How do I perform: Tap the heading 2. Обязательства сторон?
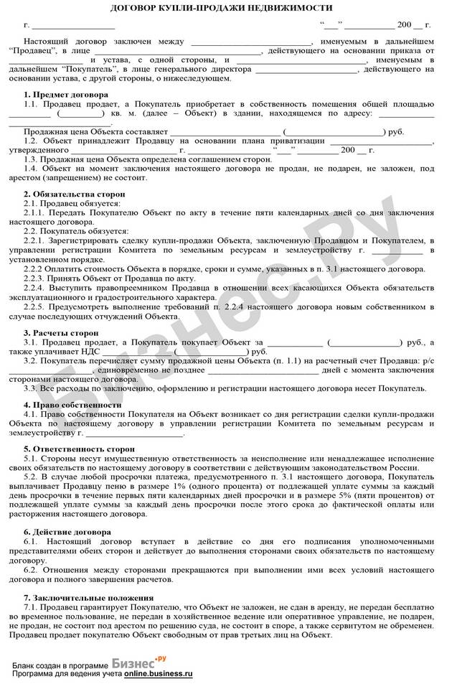(x=74, y=194)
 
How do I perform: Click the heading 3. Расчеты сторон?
(x=61, y=333)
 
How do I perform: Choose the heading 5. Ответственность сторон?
(x=79, y=449)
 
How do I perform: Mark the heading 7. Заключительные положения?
(x=88, y=598)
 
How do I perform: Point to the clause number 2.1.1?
(x=35, y=213)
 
